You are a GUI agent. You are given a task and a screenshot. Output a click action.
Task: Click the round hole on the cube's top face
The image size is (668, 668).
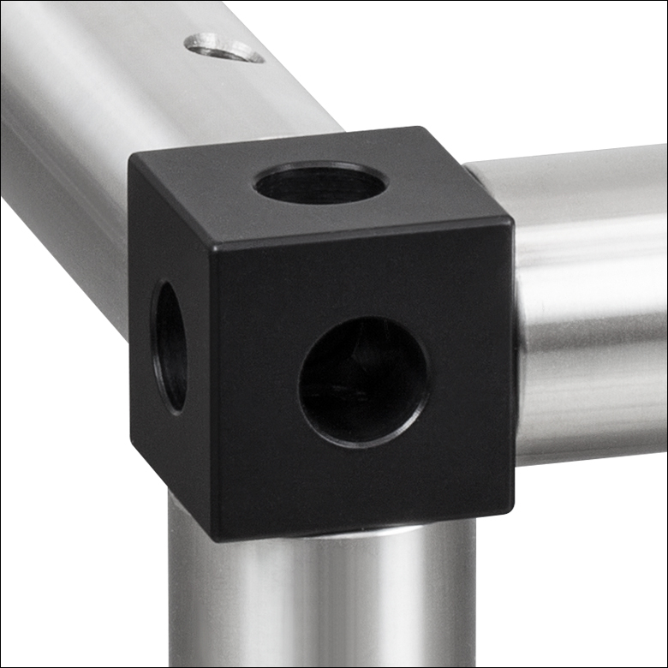point(321,183)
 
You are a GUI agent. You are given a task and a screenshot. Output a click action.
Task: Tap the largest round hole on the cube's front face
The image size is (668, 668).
point(364,381)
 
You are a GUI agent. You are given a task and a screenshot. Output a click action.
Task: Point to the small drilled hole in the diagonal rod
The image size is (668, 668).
point(224,47)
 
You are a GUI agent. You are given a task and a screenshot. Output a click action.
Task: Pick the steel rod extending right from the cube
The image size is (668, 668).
point(591,300)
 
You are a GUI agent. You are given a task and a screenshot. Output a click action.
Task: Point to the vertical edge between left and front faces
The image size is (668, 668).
point(212,394)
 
